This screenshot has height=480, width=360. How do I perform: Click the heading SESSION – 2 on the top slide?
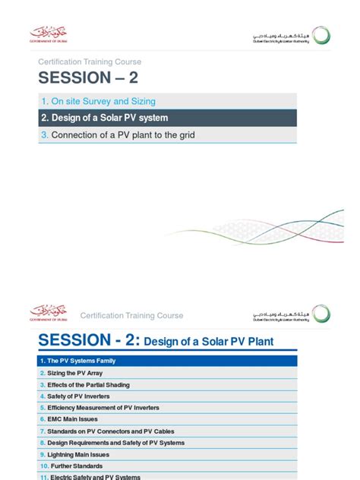[x=90, y=79]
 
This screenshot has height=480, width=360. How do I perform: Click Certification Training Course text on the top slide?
[x=90, y=62]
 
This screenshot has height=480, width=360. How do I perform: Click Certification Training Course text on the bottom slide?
[x=132, y=315]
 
